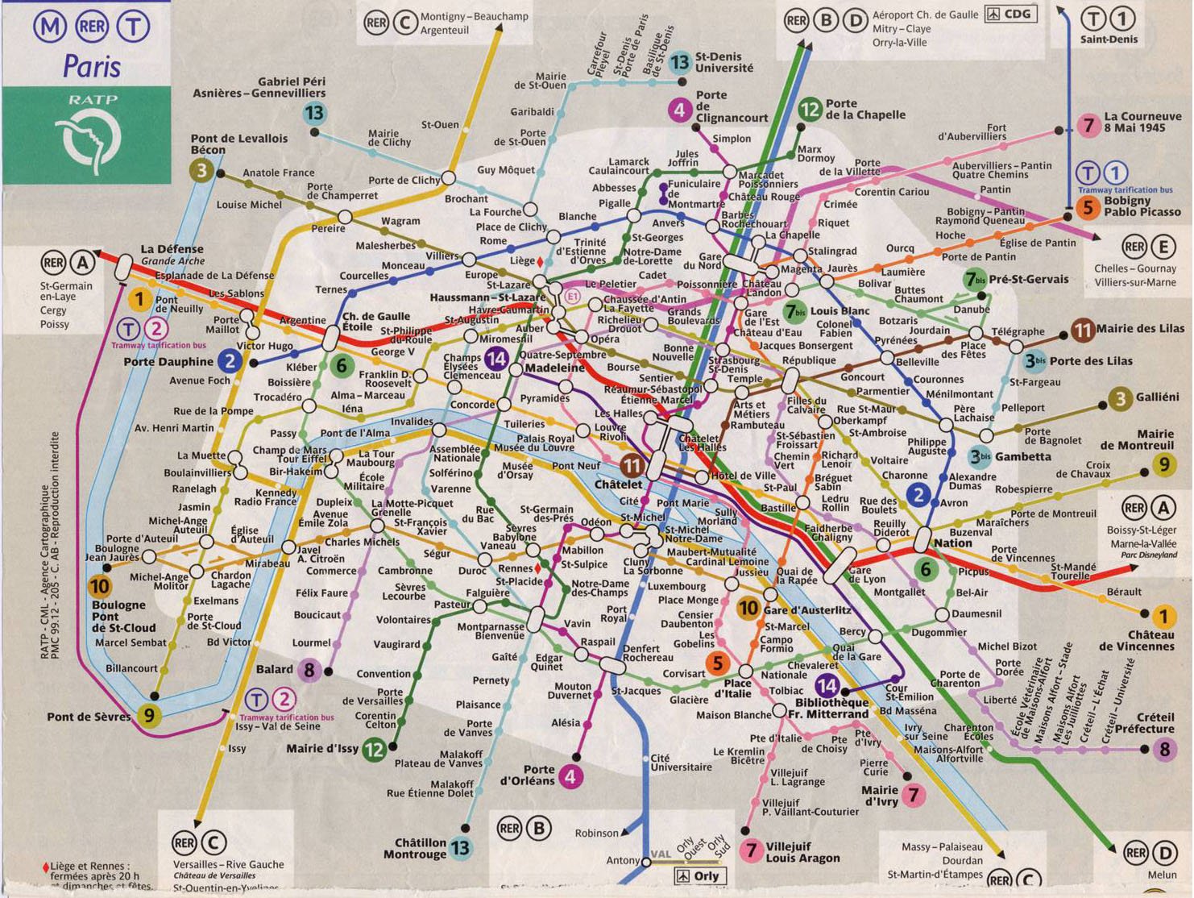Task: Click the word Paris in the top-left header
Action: click(x=91, y=65)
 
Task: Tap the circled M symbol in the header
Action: click(x=49, y=26)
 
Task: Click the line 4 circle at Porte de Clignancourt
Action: click(x=680, y=109)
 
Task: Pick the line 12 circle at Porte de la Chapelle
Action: click(x=810, y=109)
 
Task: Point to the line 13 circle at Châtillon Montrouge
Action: click(x=460, y=847)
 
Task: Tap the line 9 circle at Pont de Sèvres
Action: click(x=147, y=714)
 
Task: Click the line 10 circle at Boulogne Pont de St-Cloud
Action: click(x=100, y=586)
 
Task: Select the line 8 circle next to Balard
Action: click(x=309, y=669)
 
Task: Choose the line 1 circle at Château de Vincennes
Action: click(x=1163, y=617)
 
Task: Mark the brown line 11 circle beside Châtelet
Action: click(x=632, y=465)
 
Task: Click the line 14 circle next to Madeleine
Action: click(x=497, y=359)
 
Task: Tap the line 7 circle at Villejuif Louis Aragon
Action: click(x=752, y=850)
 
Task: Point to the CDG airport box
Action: click(x=1011, y=15)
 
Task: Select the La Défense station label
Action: click(x=172, y=249)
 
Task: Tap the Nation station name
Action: click(x=952, y=543)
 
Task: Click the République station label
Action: click(x=809, y=360)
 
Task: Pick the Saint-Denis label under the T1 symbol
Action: click(x=1109, y=39)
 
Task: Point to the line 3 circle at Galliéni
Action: click(x=1120, y=397)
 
